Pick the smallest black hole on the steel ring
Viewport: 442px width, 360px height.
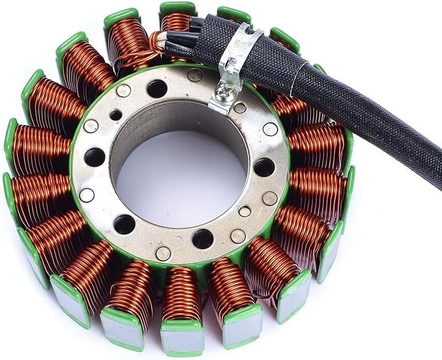[x=116, y=115]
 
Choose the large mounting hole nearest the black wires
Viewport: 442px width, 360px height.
[x=157, y=88]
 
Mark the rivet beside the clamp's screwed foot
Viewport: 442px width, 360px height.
[x=240, y=108]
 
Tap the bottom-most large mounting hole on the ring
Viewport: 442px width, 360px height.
[x=203, y=239]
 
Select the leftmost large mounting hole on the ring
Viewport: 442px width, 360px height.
[x=94, y=157]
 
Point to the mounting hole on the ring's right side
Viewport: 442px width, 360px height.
[x=264, y=167]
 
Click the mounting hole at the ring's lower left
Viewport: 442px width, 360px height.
[x=124, y=224]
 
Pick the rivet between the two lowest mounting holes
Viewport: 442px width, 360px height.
[x=163, y=253]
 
